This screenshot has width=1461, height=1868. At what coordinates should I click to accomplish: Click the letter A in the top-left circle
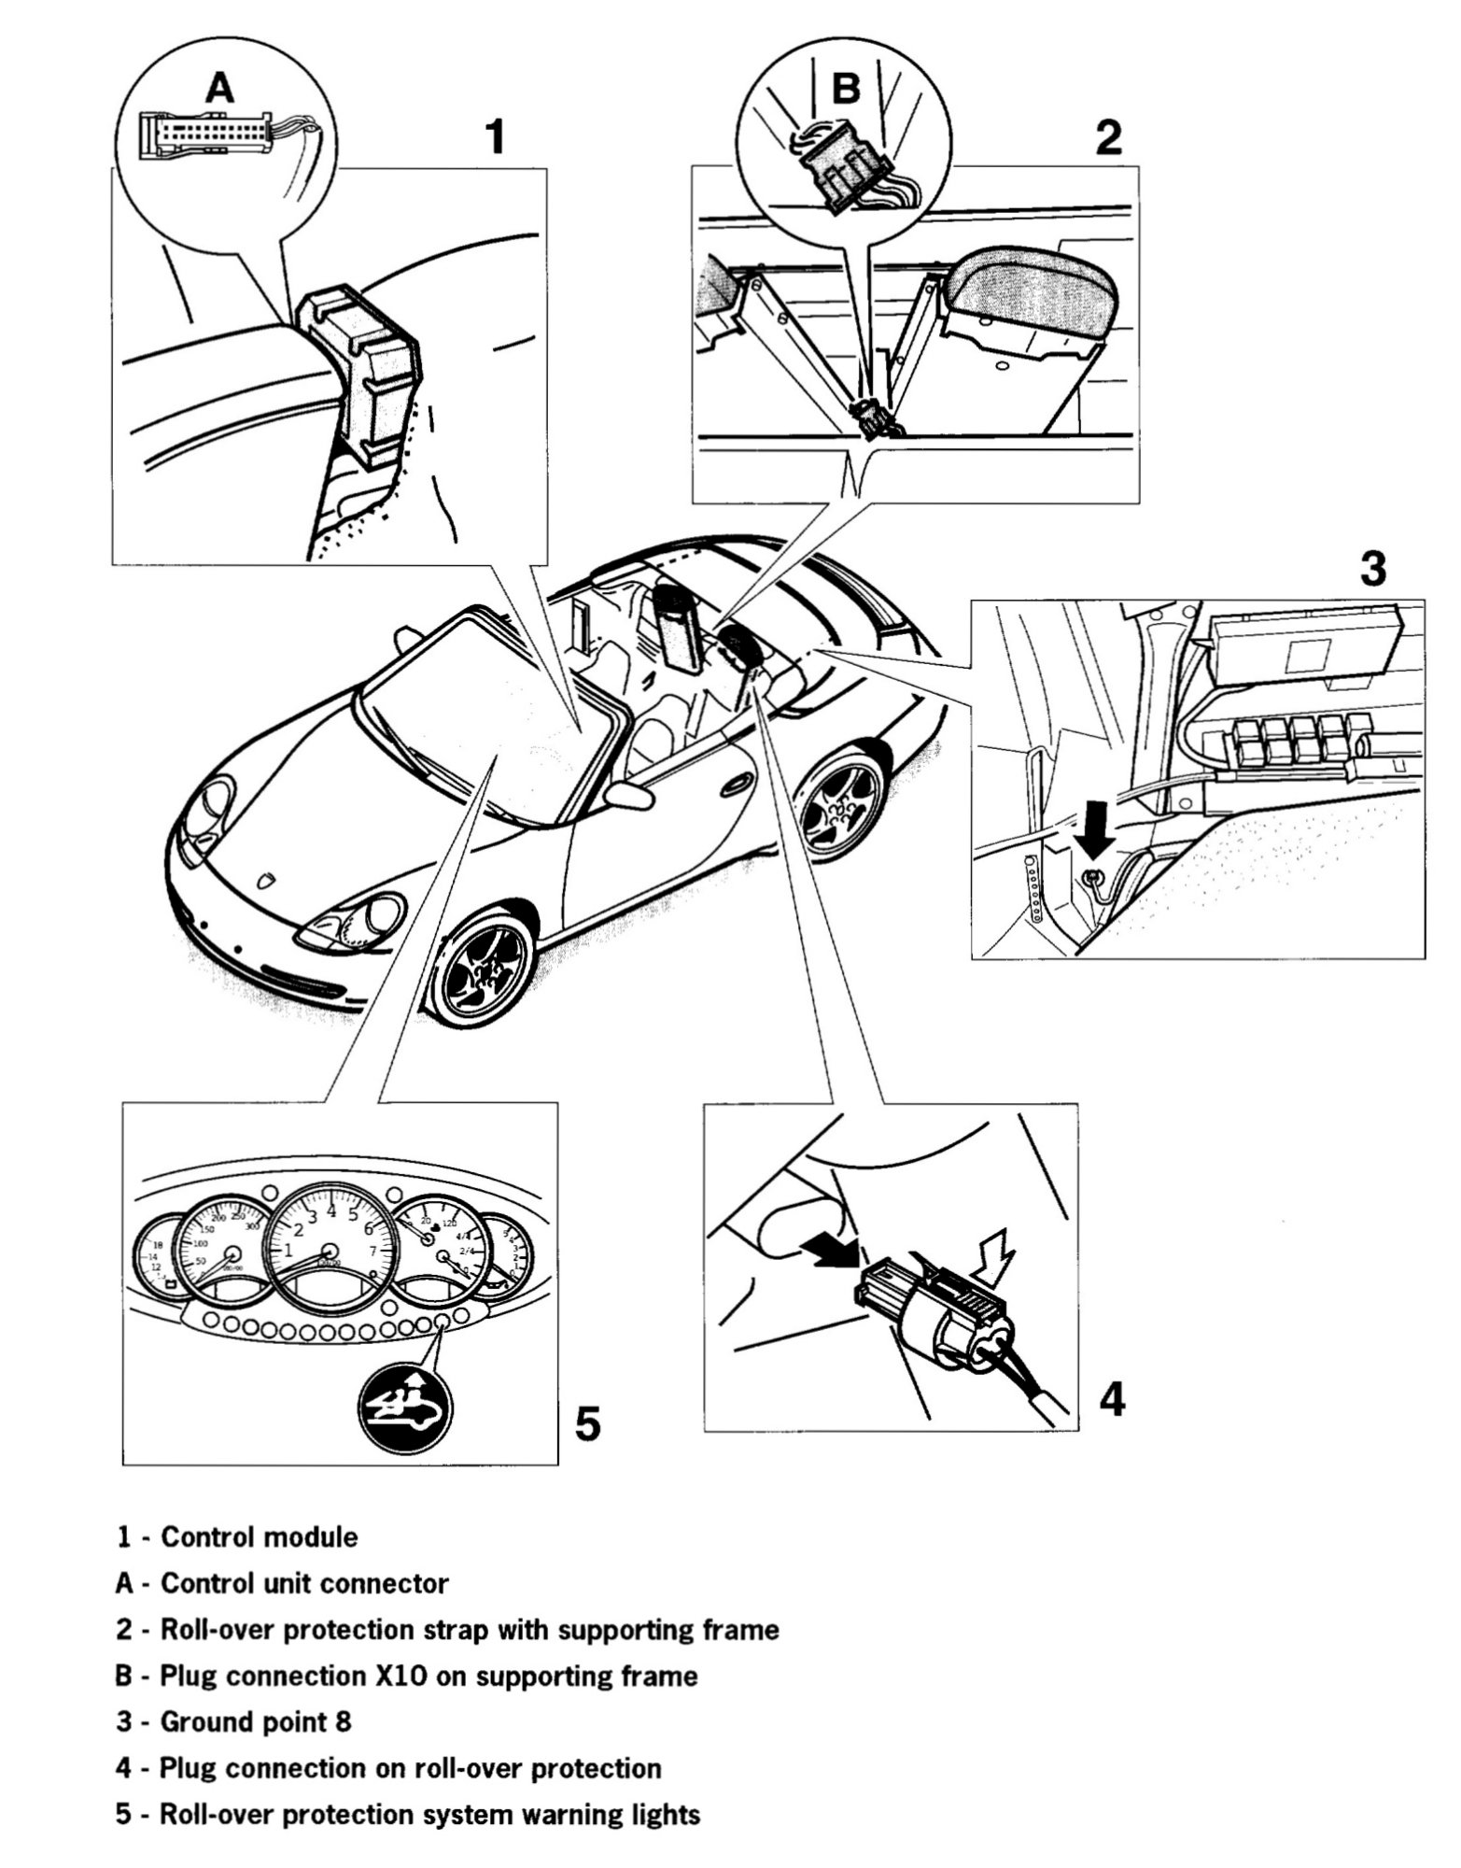click(219, 88)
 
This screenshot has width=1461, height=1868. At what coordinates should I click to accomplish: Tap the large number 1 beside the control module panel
click(496, 136)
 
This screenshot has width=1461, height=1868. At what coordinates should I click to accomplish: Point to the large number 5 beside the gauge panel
click(586, 1425)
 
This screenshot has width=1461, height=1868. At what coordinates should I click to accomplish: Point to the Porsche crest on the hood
click(268, 882)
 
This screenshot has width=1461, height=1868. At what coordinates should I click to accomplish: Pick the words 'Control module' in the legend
click(259, 1536)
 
